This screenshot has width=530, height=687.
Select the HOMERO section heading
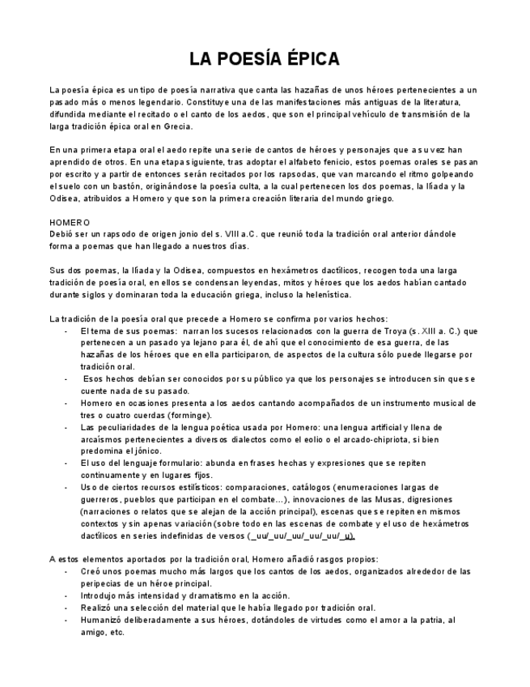click(x=70, y=222)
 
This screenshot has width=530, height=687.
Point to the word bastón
click(x=135, y=186)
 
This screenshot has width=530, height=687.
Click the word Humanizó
click(x=102, y=620)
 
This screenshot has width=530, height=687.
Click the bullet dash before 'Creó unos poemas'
click(x=66, y=572)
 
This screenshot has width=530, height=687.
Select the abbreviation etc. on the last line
click(x=116, y=632)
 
